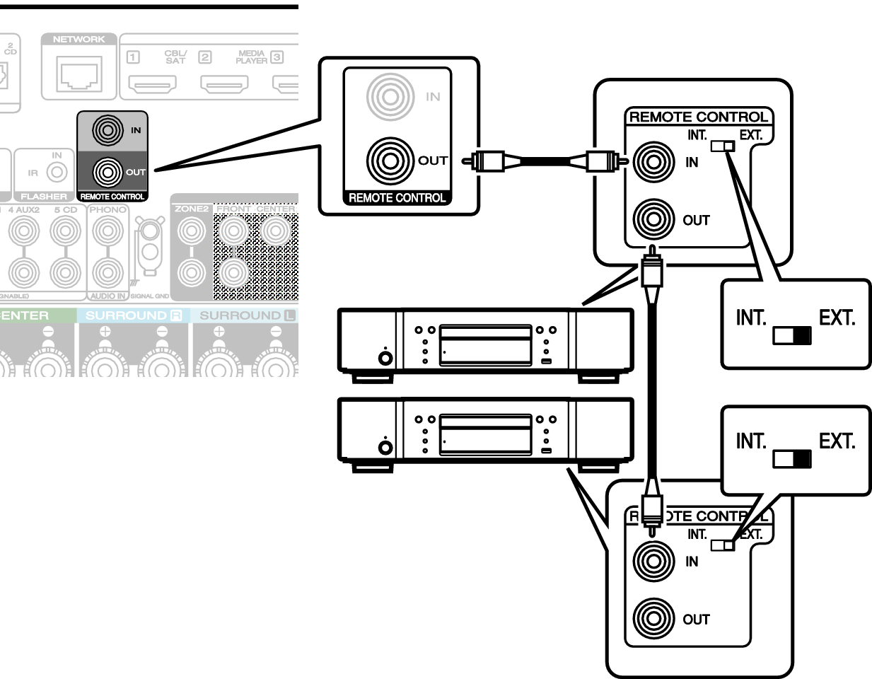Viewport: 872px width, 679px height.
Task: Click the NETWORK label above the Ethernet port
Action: click(79, 40)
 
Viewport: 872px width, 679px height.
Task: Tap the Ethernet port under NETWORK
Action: click(79, 73)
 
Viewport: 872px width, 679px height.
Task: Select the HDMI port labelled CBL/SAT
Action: click(152, 85)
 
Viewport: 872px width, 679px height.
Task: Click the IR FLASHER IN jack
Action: click(57, 172)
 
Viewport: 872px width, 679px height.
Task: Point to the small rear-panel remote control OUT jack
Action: click(107, 172)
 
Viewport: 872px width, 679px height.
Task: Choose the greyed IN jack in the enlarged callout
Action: click(389, 97)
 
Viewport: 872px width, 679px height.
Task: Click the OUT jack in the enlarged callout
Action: click(389, 161)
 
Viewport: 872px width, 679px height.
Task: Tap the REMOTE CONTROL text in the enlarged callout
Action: click(397, 198)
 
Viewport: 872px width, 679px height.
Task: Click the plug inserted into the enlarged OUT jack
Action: click(494, 161)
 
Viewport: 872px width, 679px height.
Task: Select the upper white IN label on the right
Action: click(692, 162)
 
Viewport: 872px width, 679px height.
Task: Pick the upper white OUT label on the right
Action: click(696, 221)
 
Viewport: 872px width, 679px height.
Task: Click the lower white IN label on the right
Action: click(692, 562)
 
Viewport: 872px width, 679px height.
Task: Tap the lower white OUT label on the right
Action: click(696, 620)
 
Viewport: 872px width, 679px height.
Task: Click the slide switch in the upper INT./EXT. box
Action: click(791, 335)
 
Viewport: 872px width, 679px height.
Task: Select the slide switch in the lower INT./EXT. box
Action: click(791, 459)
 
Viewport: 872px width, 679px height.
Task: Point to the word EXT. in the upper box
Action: click(837, 318)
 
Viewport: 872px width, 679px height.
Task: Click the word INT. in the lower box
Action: click(751, 441)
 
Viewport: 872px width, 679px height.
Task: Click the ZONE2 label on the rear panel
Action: click(192, 209)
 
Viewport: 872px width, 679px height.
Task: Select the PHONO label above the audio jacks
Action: click(108, 210)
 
